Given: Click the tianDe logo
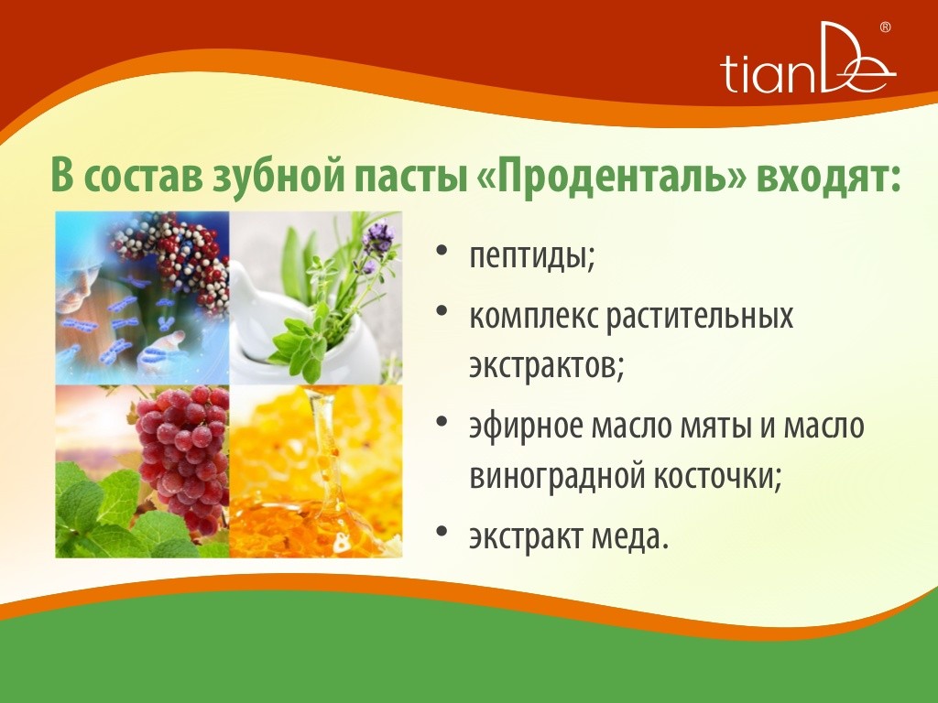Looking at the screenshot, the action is click(808, 59).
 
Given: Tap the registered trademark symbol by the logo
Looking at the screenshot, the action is click(886, 27).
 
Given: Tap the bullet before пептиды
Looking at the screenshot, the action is click(442, 250).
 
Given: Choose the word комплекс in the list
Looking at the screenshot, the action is click(534, 316).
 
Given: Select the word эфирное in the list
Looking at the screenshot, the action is click(526, 427).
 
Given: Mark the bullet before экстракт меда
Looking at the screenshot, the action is click(442, 531).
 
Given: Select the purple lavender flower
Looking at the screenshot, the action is click(377, 237).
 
